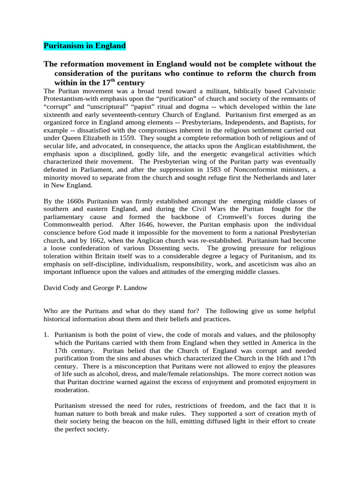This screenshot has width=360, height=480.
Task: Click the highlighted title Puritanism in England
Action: click(x=85, y=46)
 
